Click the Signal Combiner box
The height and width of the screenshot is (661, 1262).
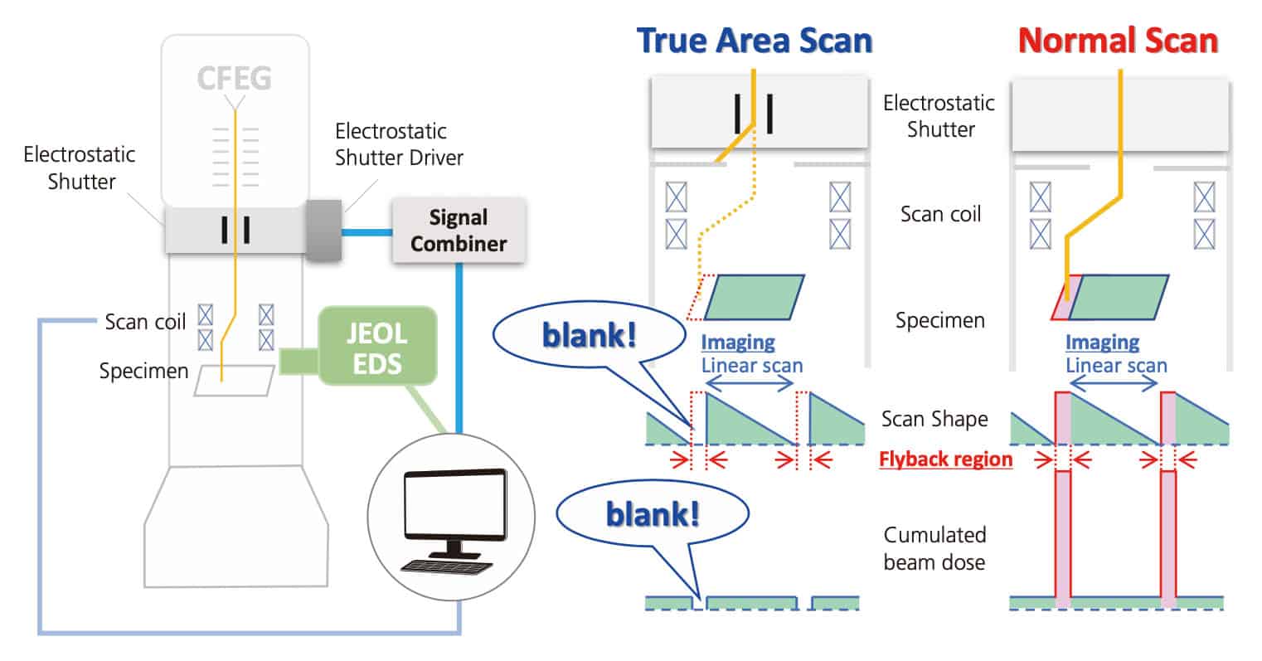click(459, 231)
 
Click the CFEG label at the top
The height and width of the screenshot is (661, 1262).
click(234, 79)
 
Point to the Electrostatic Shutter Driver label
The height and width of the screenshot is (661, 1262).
click(399, 144)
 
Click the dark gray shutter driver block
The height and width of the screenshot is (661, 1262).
click(323, 230)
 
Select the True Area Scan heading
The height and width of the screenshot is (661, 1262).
click(754, 40)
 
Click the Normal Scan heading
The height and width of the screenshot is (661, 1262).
click(1118, 40)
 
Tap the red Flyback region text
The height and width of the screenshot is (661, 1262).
click(945, 459)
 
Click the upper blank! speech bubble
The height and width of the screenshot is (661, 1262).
click(589, 337)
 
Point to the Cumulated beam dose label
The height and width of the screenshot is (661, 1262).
click(934, 548)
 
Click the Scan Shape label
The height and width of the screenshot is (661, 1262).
click(934, 419)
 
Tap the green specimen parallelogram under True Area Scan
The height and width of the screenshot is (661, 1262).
click(755, 297)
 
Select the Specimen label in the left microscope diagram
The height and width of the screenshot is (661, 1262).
click(143, 371)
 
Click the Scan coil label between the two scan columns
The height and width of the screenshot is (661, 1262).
click(940, 214)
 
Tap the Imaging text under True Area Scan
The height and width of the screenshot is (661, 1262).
click(737, 342)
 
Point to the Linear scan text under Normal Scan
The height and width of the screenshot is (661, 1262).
click(1116, 365)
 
